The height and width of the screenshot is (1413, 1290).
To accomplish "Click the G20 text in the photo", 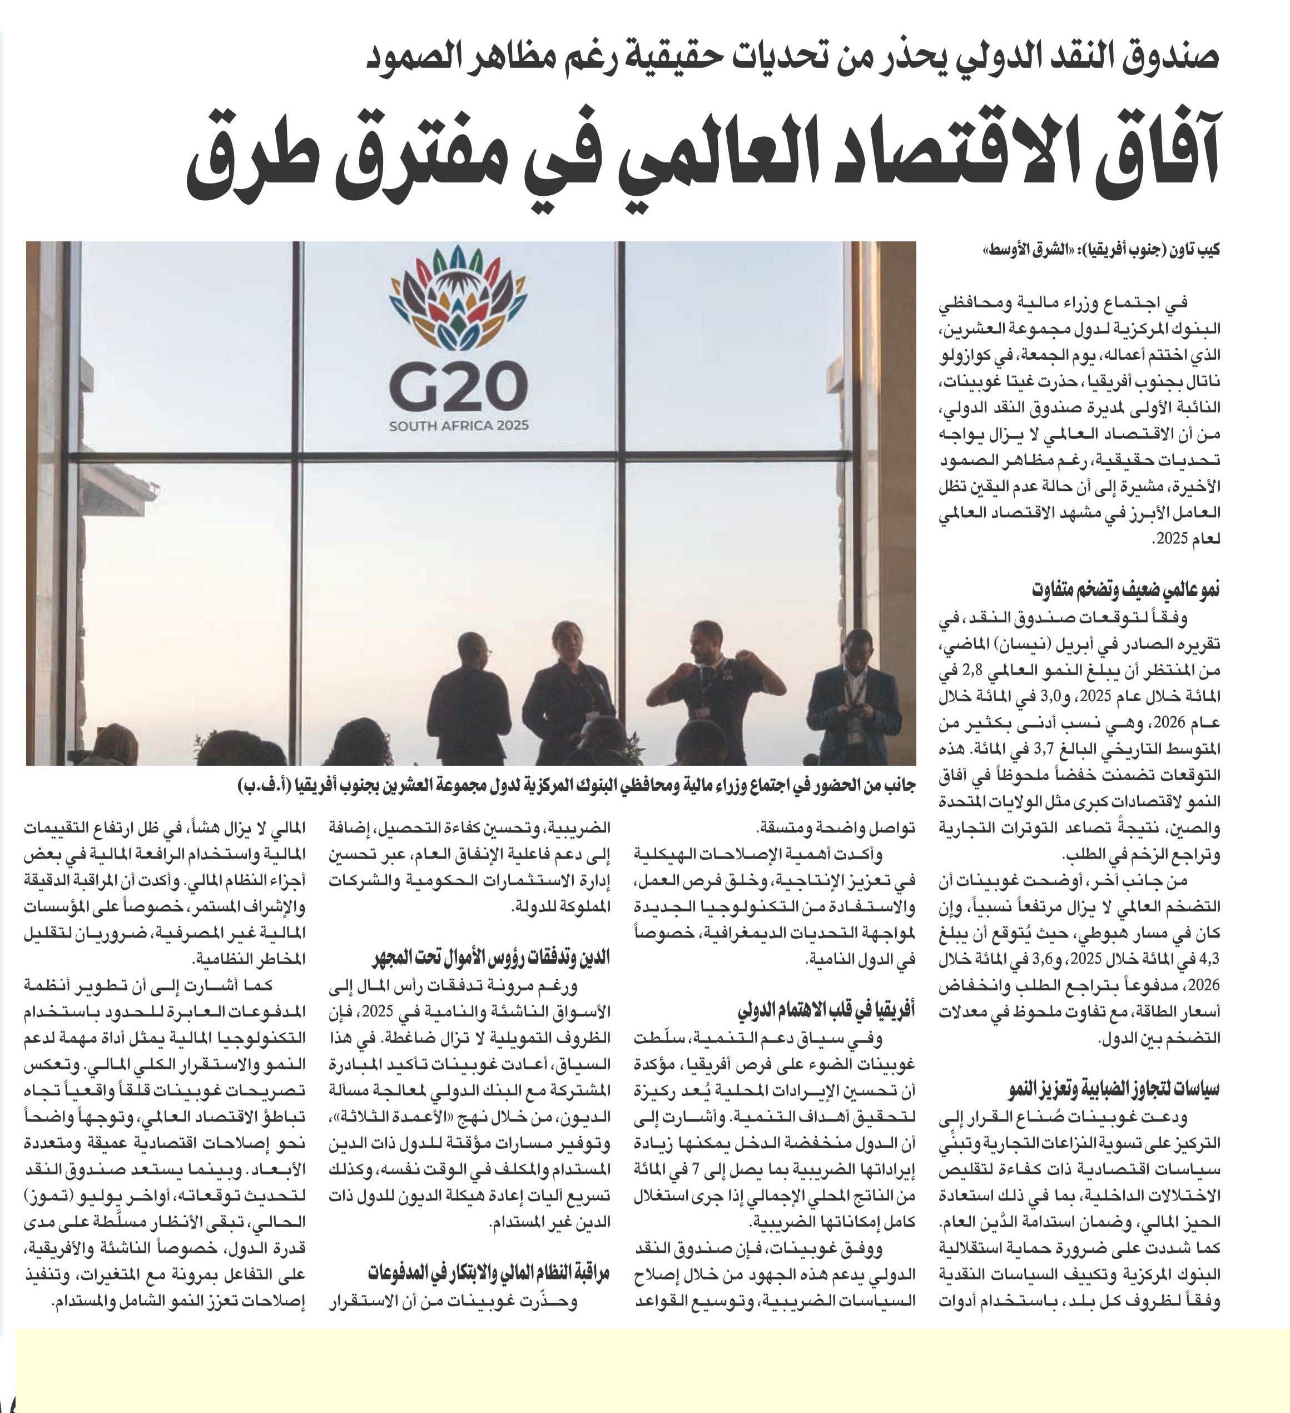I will [458, 389].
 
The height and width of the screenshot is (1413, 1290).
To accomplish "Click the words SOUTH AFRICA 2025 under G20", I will [459, 425].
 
